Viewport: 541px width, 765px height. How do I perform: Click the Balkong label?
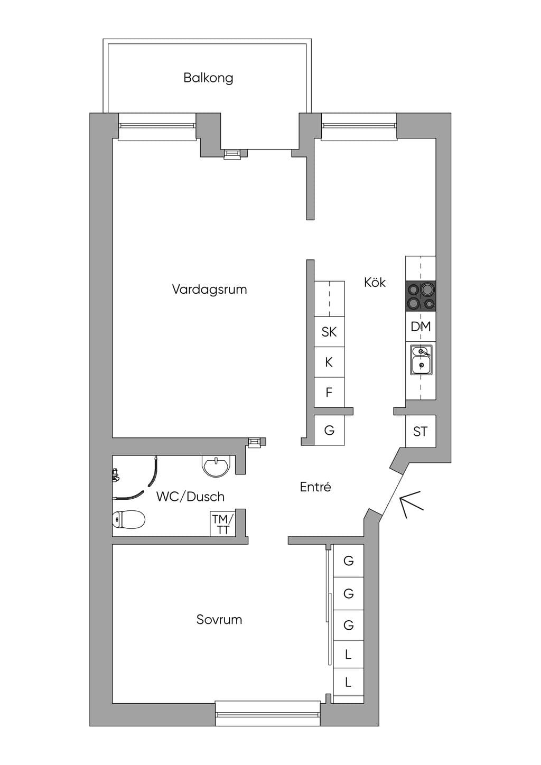pyautogui.click(x=208, y=78)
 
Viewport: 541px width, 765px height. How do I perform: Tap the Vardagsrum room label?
pyautogui.click(x=209, y=290)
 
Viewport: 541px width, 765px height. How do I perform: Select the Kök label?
pyautogui.click(x=375, y=282)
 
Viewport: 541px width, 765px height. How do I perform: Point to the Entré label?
pyautogui.click(x=315, y=487)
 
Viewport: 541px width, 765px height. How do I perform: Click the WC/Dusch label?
pyautogui.click(x=190, y=497)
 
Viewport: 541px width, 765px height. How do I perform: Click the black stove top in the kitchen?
pyautogui.click(x=421, y=296)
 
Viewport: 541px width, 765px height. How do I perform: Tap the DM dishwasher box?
pyautogui.click(x=421, y=326)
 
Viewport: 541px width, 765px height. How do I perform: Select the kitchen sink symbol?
pyautogui.click(x=421, y=360)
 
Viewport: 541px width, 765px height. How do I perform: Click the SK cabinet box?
pyautogui.click(x=329, y=332)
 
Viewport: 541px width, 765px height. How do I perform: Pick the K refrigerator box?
pyautogui.click(x=329, y=362)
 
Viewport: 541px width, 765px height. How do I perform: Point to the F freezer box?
pyautogui.click(x=329, y=392)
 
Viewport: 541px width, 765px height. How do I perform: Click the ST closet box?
pyautogui.click(x=421, y=431)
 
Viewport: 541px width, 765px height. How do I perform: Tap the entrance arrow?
pyautogui.click(x=412, y=504)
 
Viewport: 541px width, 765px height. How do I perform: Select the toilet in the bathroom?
pyautogui.click(x=128, y=519)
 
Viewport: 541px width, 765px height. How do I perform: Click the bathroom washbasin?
pyautogui.click(x=217, y=465)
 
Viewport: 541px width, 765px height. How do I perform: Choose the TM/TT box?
pyautogui.click(x=222, y=524)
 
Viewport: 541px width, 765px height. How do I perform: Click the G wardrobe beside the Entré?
pyautogui.click(x=329, y=430)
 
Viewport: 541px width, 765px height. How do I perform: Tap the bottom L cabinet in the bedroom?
pyautogui.click(x=348, y=683)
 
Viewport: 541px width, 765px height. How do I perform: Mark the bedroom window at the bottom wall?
pyautogui.click(x=268, y=714)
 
